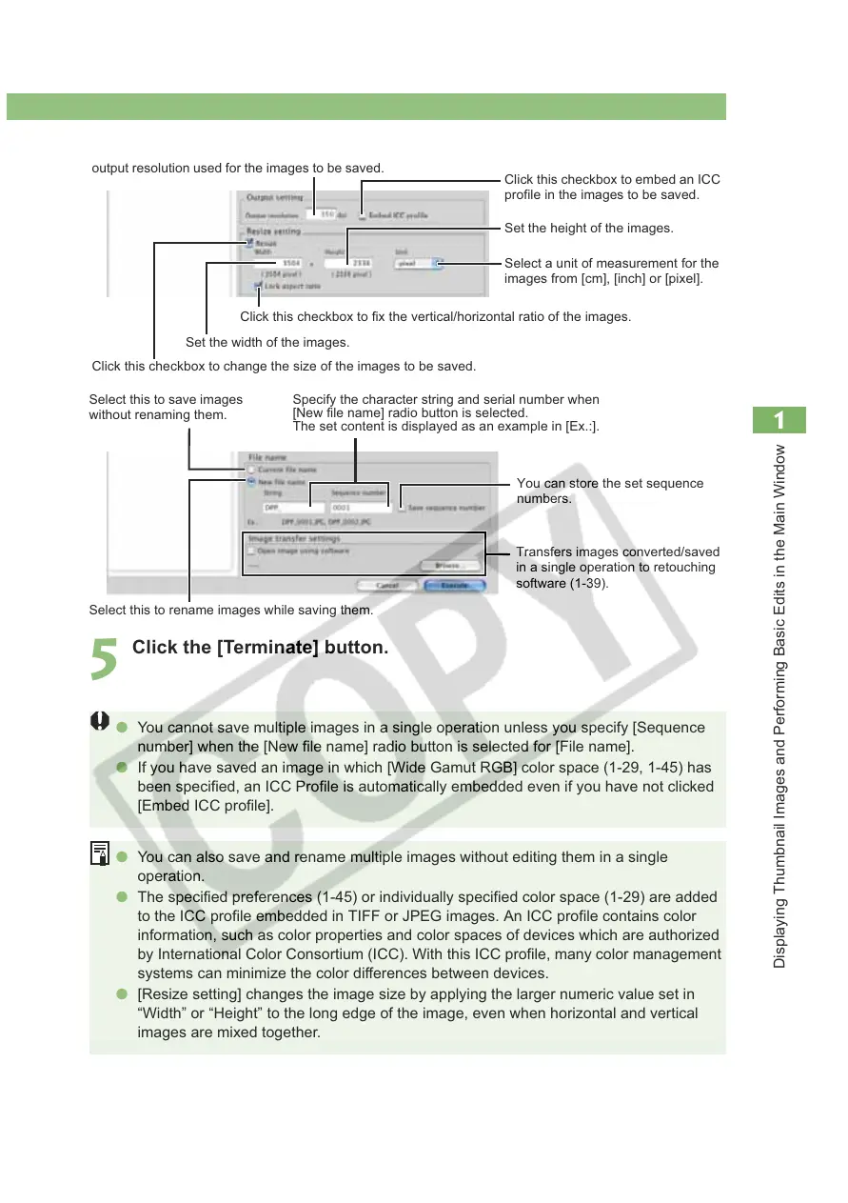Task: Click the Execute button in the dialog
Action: [454, 586]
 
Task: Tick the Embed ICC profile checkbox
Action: [363, 215]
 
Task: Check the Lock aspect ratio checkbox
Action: [258, 285]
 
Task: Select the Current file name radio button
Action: [251, 470]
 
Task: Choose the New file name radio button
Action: [251, 482]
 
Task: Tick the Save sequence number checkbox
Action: [402, 508]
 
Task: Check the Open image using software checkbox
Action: [251, 551]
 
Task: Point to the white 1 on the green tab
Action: [779, 420]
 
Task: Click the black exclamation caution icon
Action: [99, 722]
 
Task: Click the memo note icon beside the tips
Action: [99, 854]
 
